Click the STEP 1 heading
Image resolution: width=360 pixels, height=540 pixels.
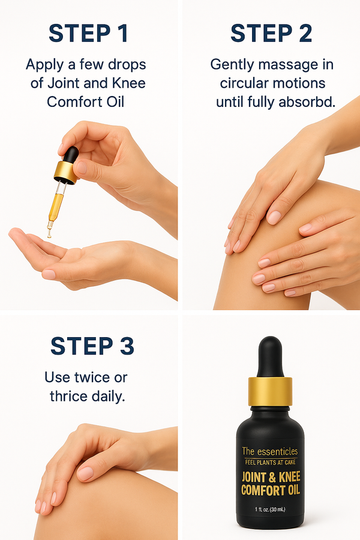tap(88, 34)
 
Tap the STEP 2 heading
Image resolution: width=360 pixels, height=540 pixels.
tap(271, 34)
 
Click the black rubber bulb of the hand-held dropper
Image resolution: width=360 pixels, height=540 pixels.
tap(70, 155)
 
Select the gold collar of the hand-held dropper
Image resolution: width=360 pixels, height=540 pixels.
tap(65, 172)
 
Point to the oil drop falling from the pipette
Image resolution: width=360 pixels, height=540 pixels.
tap(50, 235)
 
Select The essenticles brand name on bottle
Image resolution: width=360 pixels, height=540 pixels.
tap(269, 451)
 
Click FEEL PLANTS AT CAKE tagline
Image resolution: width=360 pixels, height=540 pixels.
tap(269, 463)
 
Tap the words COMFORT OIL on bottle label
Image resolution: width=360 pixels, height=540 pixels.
tap(270, 490)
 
